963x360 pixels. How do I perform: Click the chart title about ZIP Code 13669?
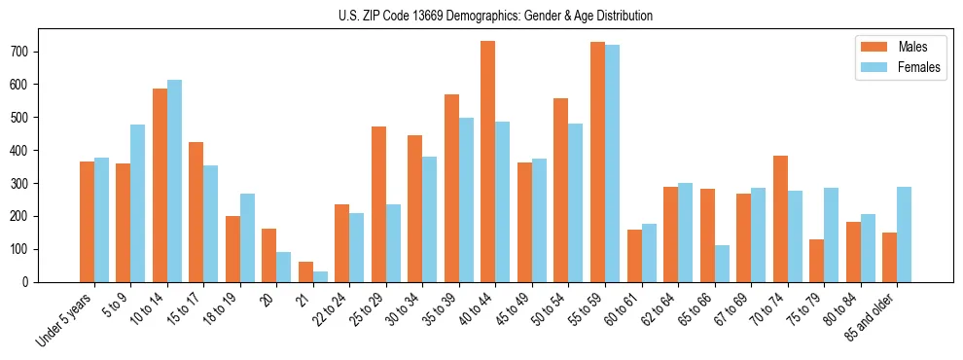pyautogui.click(x=481, y=16)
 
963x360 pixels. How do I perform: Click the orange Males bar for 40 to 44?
pyautogui.click(x=487, y=162)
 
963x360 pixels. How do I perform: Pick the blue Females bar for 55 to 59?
pyautogui.click(x=612, y=163)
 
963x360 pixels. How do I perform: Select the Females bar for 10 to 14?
pyautogui.click(x=174, y=181)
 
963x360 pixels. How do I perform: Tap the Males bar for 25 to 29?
pyautogui.click(x=378, y=204)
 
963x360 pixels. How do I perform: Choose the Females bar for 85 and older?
pyautogui.click(x=904, y=234)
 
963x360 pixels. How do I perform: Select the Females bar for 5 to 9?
pyautogui.click(x=137, y=203)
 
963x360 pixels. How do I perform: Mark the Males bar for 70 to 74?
pyautogui.click(x=780, y=219)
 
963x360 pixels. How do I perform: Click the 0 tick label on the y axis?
pyautogui.click(x=33, y=282)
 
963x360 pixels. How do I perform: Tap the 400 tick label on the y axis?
pyautogui.click(x=25, y=151)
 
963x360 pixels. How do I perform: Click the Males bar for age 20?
pyautogui.click(x=268, y=255)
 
